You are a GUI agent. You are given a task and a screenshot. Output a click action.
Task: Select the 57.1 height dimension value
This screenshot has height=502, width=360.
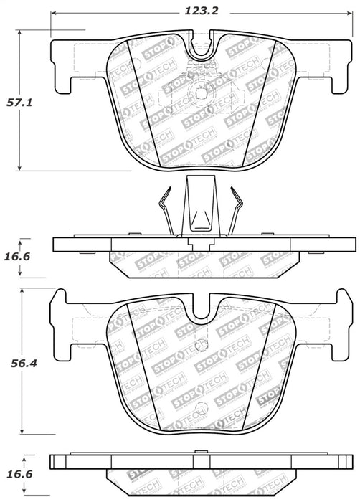[x=21, y=103]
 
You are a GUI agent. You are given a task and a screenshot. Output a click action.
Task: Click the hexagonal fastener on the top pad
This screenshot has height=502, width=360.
[x=199, y=96]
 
